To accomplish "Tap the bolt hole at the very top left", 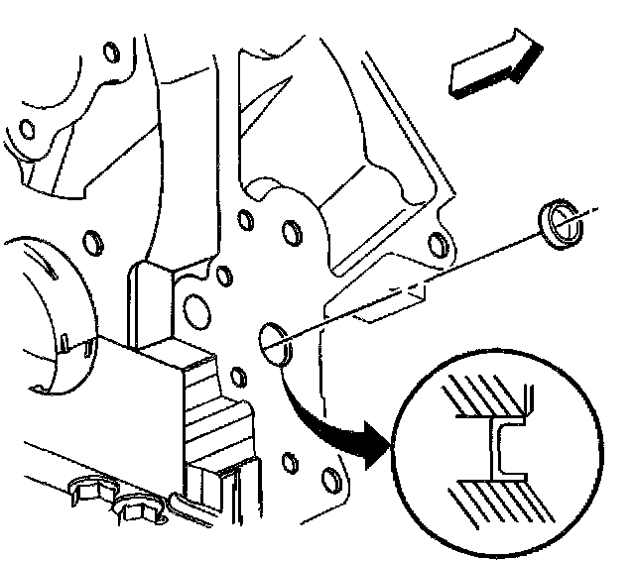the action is (x=27, y=127).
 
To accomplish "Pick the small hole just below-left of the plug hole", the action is (x=238, y=377).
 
